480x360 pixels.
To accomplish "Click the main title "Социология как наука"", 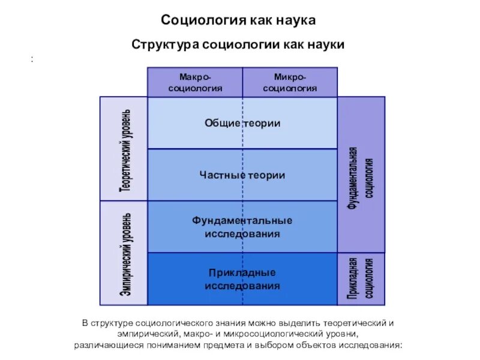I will coord(238,20).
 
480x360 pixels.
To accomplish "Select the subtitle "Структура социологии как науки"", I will coord(238,44).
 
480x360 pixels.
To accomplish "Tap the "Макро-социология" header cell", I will coord(195,82).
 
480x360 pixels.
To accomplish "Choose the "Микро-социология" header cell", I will coord(290,82).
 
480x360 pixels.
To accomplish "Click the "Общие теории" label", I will coord(242,123).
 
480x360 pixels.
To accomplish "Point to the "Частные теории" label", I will coord(242,175).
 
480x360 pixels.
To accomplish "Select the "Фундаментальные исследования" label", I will coord(242,227).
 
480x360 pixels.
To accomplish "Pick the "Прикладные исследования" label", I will coord(242,279).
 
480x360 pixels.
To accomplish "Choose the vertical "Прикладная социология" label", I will coord(362,278).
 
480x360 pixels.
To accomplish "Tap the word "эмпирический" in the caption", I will coord(146,334).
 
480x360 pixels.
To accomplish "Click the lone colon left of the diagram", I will coord(30,58).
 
